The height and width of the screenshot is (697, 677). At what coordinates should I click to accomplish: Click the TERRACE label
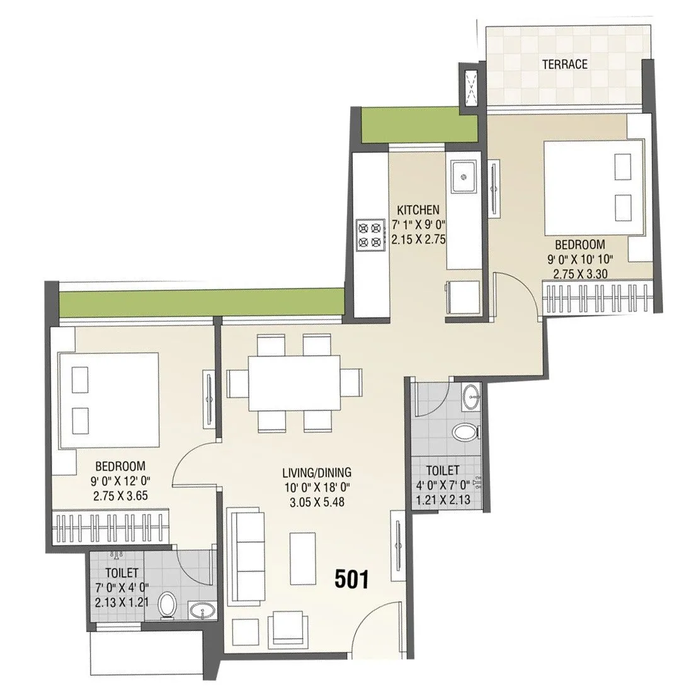coord(565,64)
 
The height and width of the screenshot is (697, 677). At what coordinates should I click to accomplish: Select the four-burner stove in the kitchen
coord(370,234)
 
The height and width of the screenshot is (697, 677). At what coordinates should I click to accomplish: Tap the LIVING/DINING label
coord(316,472)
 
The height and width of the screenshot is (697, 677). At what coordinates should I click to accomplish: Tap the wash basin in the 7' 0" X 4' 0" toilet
coord(202,611)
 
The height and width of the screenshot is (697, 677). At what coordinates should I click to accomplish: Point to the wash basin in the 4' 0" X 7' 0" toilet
coord(470,397)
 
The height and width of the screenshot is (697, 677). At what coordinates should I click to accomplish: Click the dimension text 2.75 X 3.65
coord(120,495)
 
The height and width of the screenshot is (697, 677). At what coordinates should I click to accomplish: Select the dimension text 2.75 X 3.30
coord(579,273)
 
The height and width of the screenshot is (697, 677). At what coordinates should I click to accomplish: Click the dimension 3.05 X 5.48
coord(316,502)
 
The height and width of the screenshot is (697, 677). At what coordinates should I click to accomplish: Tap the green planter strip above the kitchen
coord(419,126)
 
